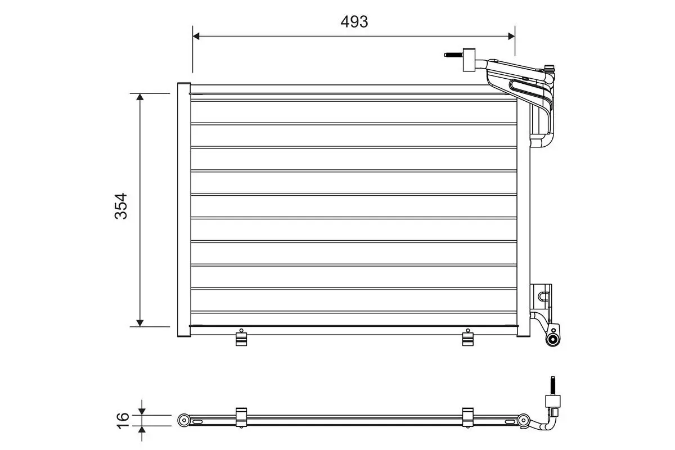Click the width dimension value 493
click(x=354, y=21)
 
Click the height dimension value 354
click(x=121, y=206)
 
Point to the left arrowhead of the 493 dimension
click(x=196, y=36)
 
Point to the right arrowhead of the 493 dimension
click(x=511, y=36)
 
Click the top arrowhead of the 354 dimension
click(x=140, y=97)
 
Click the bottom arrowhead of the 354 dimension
click(x=140, y=322)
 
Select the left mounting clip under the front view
click(x=241, y=339)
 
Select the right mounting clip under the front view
click(x=468, y=339)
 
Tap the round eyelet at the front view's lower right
click(x=553, y=339)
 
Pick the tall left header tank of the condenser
click(x=184, y=210)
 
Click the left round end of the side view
click(x=183, y=420)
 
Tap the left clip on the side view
click(x=241, y=417)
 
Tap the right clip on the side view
click(x=468, y=417)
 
